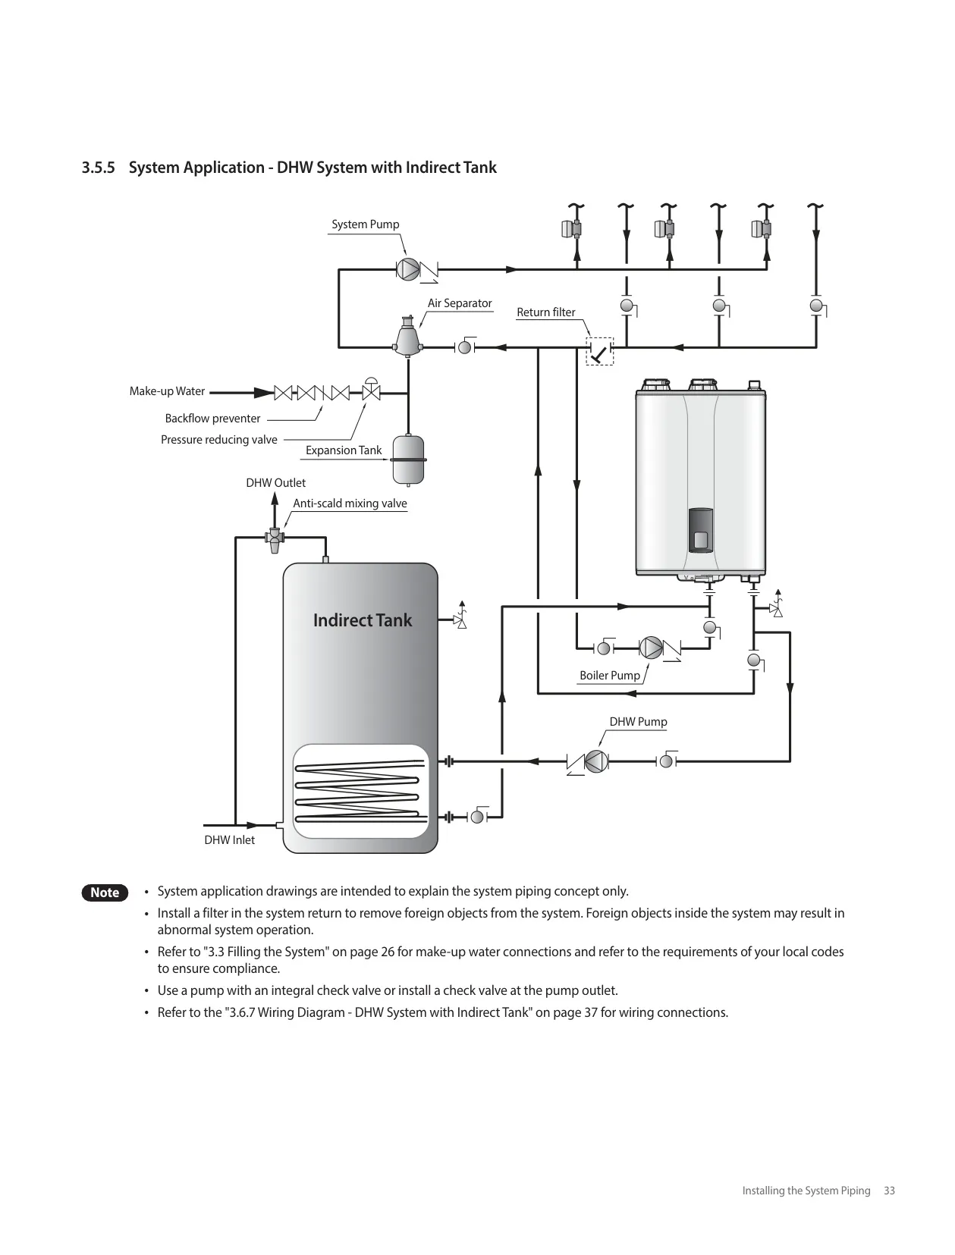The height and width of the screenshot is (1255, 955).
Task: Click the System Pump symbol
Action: (408, 269)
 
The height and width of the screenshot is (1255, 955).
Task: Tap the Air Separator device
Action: (408, 337)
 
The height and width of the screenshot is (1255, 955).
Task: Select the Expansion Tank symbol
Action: (408, 460)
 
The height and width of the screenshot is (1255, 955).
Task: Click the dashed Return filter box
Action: (600, 352)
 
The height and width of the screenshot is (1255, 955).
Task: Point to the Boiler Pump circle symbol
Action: (651, 648)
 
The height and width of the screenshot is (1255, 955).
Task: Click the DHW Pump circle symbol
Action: (597, 761)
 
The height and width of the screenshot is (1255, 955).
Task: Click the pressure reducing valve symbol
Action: (371, 389)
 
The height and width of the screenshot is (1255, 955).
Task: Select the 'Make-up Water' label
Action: (167, 391)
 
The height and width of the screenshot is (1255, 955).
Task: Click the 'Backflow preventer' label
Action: (212, 419)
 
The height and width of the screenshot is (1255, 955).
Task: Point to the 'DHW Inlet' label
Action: (229, 840)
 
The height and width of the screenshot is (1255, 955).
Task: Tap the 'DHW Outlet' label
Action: (275, 482)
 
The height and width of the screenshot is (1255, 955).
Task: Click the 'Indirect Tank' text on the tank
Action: (363, 620)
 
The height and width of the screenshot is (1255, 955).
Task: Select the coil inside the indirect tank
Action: (360, 791)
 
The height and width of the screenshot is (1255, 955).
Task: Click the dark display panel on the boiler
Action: (701, 530)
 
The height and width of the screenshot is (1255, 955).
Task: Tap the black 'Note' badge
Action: (105, 893)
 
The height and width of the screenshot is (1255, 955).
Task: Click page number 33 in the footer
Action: (889, 1191)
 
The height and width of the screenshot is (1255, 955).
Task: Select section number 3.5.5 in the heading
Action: (98, 168)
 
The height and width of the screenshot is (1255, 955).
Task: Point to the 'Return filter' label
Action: (546, 312)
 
